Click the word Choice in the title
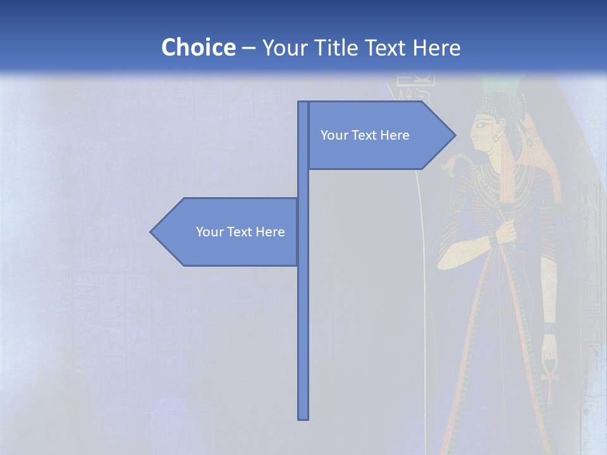point(198,47)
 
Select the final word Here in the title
point(436,47)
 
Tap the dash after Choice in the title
point(248,48)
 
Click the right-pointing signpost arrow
point(379,135)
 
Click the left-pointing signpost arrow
point(228,232)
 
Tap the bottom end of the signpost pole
point(303,417)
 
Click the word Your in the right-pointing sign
point(334,135)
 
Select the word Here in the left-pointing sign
point(270,232)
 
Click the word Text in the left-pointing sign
point(241,232)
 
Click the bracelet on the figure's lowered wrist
point(548,329)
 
